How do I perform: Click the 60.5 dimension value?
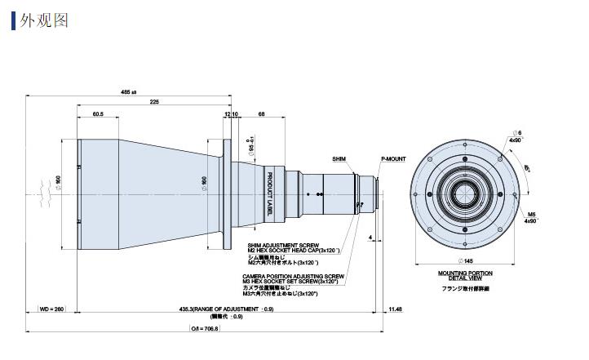pyautogui.click(x=98, y=113)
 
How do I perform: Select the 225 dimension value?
pyautogui.click(x=154, y=102)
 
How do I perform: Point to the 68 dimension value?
pyautogui.click(x=261, y=113)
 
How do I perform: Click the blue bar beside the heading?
pyautogui.click(x=13, y=19)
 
